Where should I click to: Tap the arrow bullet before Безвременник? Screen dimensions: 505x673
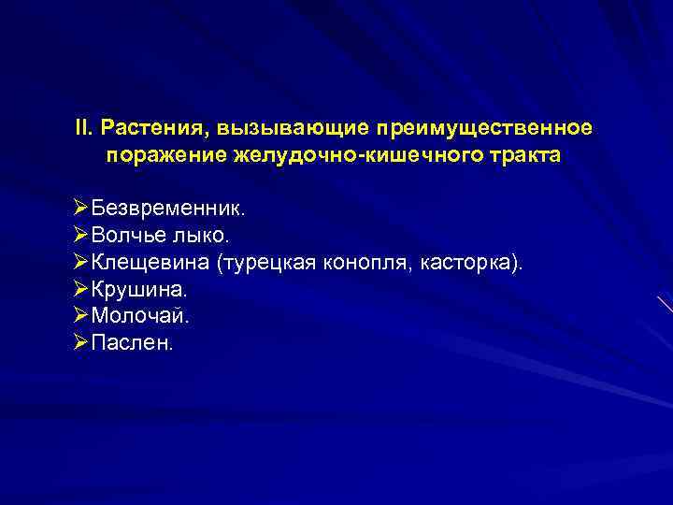click(x=79, y=206)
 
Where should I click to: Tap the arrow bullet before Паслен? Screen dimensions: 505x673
click(x=79, y=343)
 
